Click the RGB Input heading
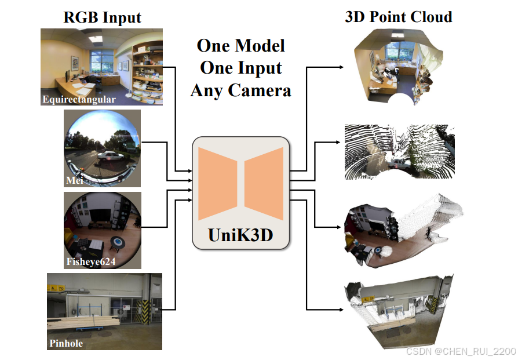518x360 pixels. point(102,17)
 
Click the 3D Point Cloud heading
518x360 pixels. point(398,16)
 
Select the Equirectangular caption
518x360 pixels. point(79,99)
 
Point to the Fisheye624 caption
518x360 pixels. point(91,262)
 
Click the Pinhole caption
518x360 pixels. point(65,343)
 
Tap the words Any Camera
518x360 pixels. point(240,90)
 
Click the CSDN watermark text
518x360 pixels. point(461,351)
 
